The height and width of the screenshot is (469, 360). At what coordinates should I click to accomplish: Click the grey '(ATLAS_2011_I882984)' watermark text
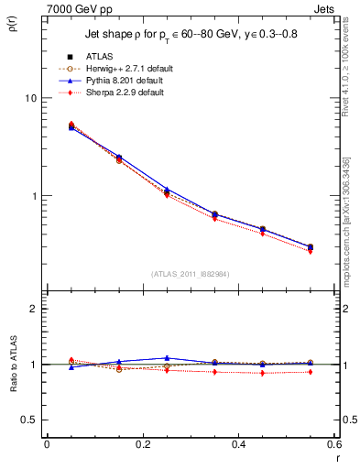(x=190, y=273)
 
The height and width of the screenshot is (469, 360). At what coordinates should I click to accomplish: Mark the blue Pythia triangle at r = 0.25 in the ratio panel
(x=167, y=358)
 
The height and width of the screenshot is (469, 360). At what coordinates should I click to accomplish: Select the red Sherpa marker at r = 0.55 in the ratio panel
(x=311, y=372)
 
